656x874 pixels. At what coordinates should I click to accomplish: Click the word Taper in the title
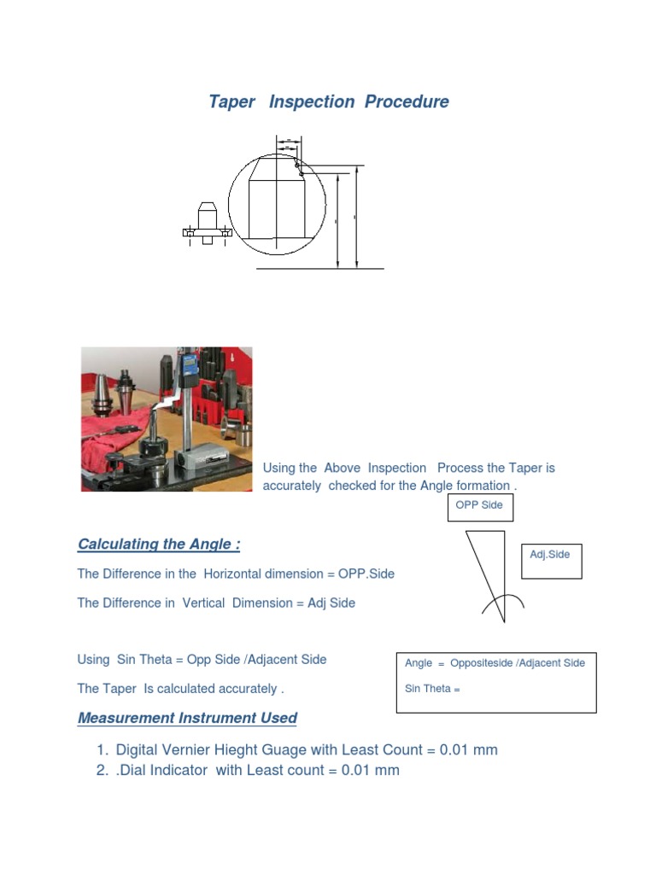(231, 102)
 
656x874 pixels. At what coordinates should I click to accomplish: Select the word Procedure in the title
(407, 102)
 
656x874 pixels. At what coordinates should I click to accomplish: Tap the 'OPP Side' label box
(479, 505)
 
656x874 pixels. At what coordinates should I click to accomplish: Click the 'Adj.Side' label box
(551, 555)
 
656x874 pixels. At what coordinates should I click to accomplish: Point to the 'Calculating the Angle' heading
(159, 545)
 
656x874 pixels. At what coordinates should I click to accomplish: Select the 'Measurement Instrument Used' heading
(187, 718)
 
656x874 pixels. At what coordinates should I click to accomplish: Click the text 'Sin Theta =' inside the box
(432, 689)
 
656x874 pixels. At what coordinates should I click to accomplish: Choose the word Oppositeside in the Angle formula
(481, 663)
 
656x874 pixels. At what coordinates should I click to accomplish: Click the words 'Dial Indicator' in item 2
(163, 771)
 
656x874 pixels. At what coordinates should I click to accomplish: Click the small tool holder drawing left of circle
(207, 224)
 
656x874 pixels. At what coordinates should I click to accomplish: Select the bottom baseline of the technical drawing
(319, 269)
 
